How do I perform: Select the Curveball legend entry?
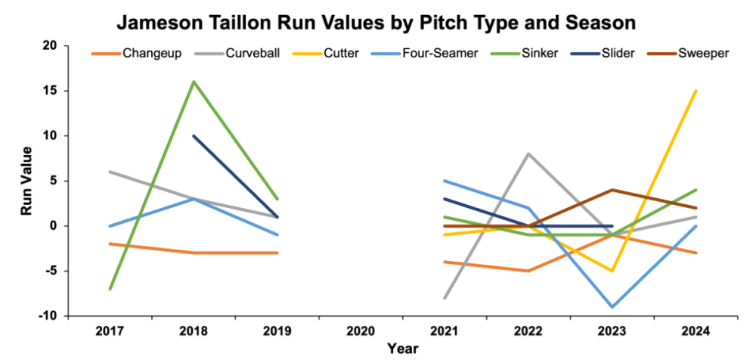[x=243, y=54]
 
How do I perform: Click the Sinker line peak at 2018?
[x=194, y=82]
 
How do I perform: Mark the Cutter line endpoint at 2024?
[x=696, y=91]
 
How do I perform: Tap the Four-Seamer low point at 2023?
[x=612, y=307]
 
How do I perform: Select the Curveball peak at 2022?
[x=528, y=154]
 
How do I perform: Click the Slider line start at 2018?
[x=194, y=136]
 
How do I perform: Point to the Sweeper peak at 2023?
[x=612, y=190]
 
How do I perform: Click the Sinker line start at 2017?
[x=110, y=289]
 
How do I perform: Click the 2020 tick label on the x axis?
[x=361, y=331]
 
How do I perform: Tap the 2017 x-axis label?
[x=110, y=331]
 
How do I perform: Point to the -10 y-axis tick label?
[x=48, y=316]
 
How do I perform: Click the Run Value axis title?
[x=26, y=181]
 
